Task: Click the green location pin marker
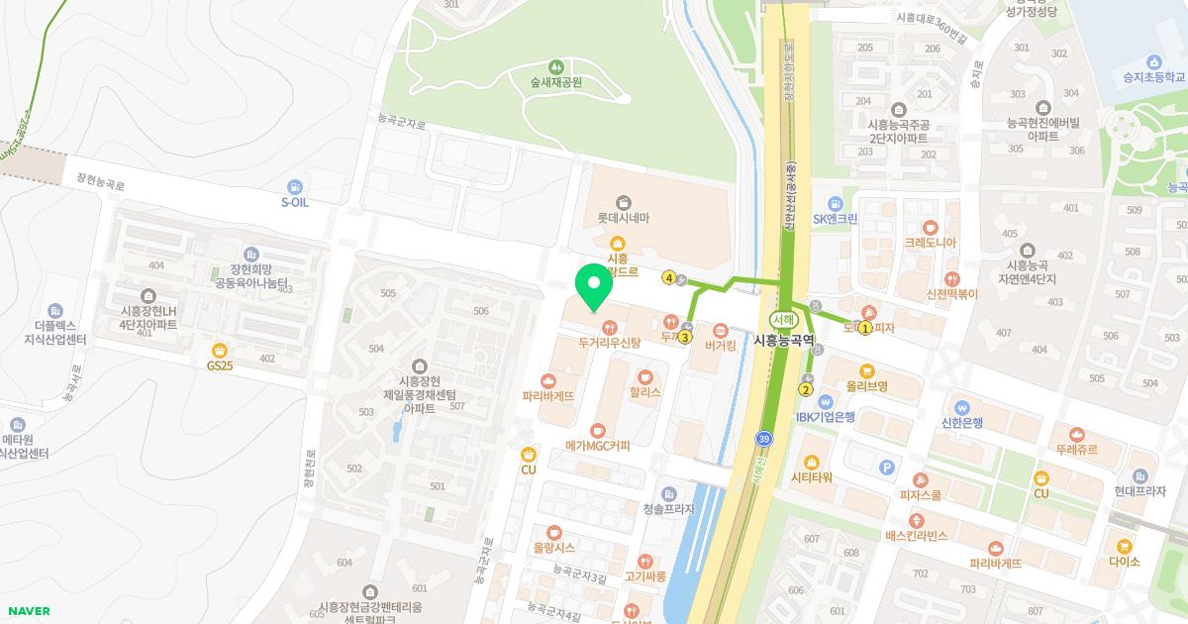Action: [x=594, y=288]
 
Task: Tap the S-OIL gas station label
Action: [x=294, y=201]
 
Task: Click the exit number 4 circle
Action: [x=669, y=278]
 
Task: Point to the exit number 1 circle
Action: [x=865, y=329]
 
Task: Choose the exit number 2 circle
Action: [x=805, y=389]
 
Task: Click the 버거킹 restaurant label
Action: [x=720, y=346]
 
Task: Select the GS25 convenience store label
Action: [x=220, y=364]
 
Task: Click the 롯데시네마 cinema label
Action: [x=623, y=217]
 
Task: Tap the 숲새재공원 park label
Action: [x=554, y=82]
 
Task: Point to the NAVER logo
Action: [x=27, y=611]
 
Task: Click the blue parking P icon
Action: [x=887, y=467]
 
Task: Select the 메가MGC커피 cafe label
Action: [x=597, y=445]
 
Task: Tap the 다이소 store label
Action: [x=1125, y=561]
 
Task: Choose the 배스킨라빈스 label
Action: [x=917, y=535]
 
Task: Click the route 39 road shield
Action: [x=762, y=438]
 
